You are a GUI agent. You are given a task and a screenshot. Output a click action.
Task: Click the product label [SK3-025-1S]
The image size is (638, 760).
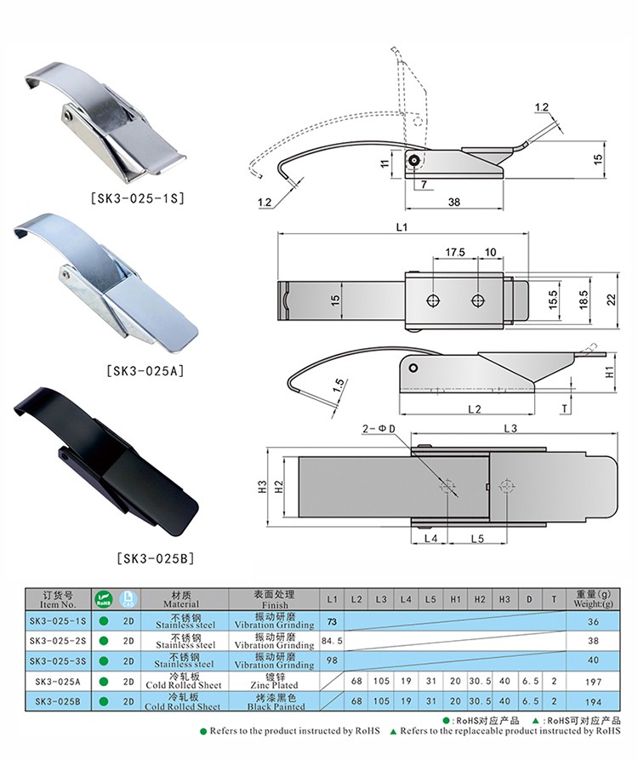pyautogui.click(x=138, y=197)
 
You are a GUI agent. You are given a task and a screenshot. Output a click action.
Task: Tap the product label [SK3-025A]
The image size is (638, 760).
pyautogui.click(x=145, y=371)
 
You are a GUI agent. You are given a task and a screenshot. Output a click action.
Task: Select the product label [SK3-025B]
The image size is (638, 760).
pyautogui.click(x=156, y=558)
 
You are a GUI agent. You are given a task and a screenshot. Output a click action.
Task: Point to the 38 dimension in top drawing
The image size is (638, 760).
pyautogui.click(x=453, y=202)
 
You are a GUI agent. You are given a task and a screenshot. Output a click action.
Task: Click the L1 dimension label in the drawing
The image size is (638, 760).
pyautogui.click(x=402, y=227)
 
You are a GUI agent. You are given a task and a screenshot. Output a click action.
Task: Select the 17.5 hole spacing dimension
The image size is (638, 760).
pyautogui.click(x=455, y=252)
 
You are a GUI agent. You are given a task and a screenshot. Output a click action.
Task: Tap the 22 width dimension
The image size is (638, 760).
pyautogui.click(x=612, y=300)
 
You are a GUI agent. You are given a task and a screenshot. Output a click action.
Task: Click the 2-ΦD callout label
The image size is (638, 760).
pyautogui.click(x=379, y=429)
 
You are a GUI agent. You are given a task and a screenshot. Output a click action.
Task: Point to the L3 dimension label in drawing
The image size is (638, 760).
pyautogui.click(x=510, y=428)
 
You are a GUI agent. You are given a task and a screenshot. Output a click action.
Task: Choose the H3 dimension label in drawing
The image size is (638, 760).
pyautogui.click(x=262, y=486)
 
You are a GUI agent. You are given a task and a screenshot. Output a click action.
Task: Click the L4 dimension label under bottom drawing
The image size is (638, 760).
pyautogui.click(x=430, y=539)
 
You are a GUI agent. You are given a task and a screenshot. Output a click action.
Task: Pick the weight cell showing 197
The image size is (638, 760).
pyautogui.click(x=593, y=682)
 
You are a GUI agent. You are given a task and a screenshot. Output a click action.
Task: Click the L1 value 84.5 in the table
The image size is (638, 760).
pyautogui.click(x=332, y=641)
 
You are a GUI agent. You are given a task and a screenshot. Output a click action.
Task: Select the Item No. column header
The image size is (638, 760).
pyautogui.click(x=58, y=599)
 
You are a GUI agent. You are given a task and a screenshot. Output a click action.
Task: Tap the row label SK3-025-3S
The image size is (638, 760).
pyautogui.click(x=58, y=661)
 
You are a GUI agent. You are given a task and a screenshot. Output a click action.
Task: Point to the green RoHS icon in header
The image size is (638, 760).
pyautogui.click(x=104, y=599)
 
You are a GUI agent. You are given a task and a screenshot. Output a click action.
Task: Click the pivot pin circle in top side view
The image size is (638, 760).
pyautogui.click(x=413, y=162)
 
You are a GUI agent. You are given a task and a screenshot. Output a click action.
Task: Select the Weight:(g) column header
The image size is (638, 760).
pyautogui.click(x=593, y=599)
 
